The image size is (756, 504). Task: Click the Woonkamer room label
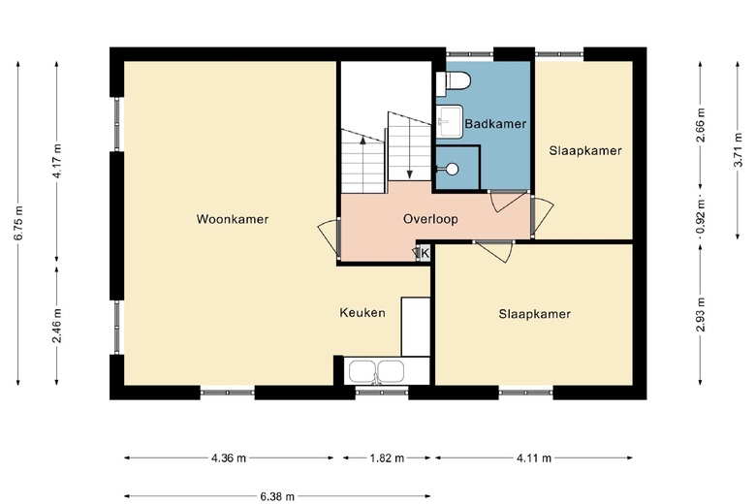pyautogui.click(x=233, y=219)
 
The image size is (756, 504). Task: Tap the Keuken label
pyautogui.click(x=362, y=312)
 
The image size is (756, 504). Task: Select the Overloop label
pyautogui.click(x=430, y=219)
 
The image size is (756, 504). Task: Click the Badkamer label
pyautogui.click(x=495, y=124)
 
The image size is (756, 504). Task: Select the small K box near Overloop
pyautogui.click(x=423, y=253)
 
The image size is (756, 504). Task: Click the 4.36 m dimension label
pyautogui.click(x=229, y=457)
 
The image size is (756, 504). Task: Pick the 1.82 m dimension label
pyautogui.click(x=386, y=457)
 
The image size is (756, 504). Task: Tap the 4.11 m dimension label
pyautogui.click(x=533, y=457)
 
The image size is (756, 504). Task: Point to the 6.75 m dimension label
pyautogui.click(x=18, y=222)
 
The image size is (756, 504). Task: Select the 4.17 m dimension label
pyautogui.click(x=57, y=160)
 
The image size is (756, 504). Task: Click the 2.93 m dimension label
pyautogui.click(x=701, y=314)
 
